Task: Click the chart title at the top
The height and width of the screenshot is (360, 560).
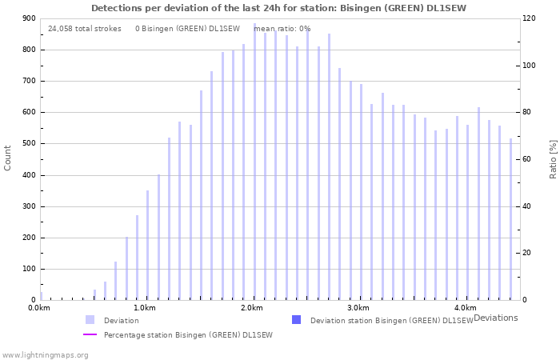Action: (x=278, y=8)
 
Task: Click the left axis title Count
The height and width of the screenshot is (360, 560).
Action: (x=8, y=158)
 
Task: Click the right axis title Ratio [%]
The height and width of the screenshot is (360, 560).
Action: (x=553, y=158)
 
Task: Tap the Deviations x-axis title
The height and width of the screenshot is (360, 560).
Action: (x=495, y=318)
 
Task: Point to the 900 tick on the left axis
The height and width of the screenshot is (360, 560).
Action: (x=29, y=18)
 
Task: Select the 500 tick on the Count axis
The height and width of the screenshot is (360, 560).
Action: (x=29, y=144)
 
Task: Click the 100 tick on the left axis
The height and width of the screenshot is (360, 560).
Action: (x=29, y=270)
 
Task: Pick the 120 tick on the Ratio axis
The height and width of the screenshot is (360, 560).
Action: (x=529, y=18)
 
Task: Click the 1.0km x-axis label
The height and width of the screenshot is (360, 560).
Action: (x=144, y=308)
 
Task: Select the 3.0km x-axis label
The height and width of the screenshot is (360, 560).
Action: (x=358, y=308)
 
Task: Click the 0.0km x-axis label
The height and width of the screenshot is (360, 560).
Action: (x=38, y=308)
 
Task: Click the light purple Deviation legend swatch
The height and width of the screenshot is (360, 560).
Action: (x=90, y=320)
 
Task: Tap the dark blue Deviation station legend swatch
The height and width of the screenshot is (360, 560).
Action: (x=297, y=320)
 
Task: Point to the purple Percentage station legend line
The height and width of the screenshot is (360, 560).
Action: (x=90, y=334)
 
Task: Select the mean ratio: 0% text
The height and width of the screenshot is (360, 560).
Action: (x=282, y=29)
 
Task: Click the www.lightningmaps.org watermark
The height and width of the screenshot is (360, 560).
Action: (x=45, y=354)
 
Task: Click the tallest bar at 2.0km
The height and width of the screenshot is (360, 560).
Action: (x=255, y=160)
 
